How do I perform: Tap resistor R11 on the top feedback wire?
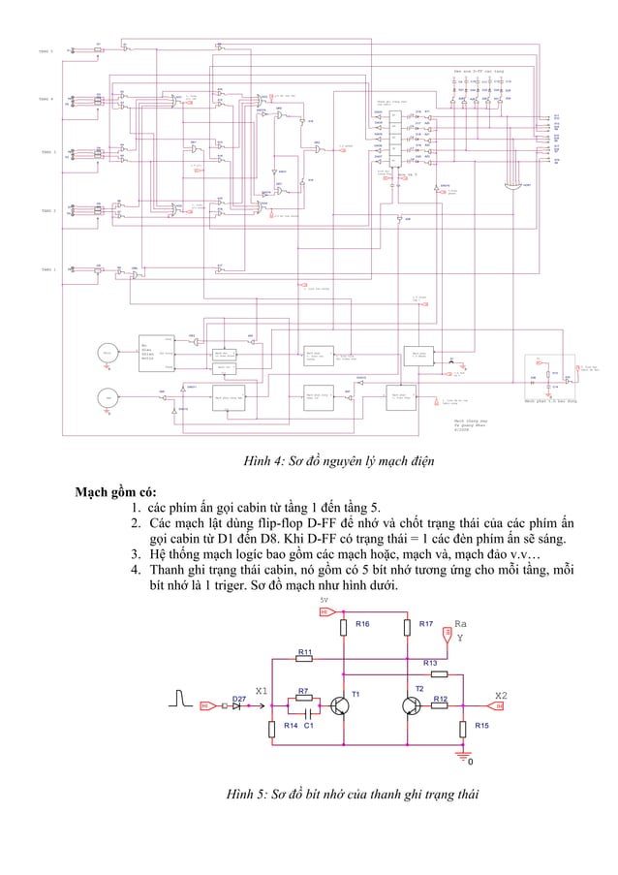(303, 660)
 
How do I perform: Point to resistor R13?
(439, 672)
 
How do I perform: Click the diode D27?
(237, 706)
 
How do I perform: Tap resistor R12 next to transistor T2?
(439, 705)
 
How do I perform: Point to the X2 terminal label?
(501, 695)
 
